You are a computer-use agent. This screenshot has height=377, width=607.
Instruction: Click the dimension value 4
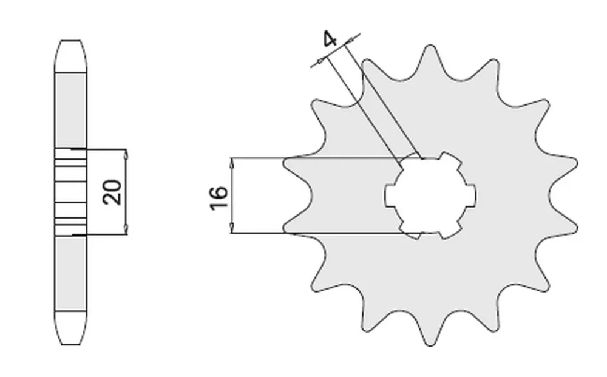(x=330, y=41)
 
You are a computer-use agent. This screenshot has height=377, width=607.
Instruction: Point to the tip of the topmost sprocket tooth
(x=431, y=46)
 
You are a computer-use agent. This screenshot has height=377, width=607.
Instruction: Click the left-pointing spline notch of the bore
(x=390, y=195)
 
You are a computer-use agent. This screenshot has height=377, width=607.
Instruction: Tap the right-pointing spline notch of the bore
(x=472, y=195)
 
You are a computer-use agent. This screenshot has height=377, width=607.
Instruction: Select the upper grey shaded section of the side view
(x=70, y=109)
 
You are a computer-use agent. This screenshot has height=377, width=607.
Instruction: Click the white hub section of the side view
(x=70, y=192)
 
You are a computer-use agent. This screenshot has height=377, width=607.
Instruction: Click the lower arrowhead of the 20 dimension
(x=126, y=229)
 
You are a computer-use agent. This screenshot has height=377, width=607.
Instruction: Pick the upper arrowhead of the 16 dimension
(x=232, y=163)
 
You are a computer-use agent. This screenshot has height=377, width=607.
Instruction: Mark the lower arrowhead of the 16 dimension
(x=232, y=228)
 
